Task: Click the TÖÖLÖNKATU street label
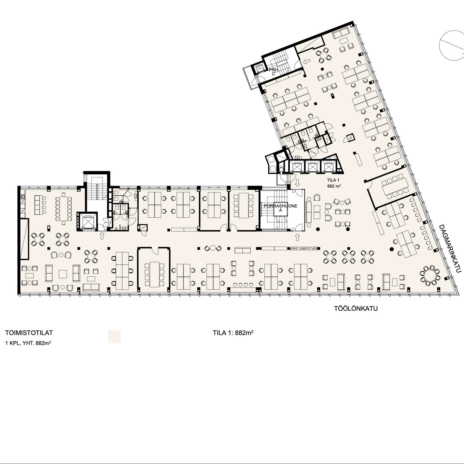click(x=356, y=308)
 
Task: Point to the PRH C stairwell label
click(x=274, y=72)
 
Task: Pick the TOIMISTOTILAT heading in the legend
click(x=29, y=333)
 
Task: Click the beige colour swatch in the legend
click(x=114, y=337)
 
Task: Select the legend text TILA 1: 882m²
click(x=233, y=333)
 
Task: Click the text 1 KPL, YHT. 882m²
click(x=28, y=343)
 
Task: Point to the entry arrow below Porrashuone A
click(x=297, y=237)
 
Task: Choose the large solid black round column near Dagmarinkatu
click(x=391, y=249)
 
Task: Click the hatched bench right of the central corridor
click(x=304, y=249)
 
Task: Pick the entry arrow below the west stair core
click(x=102, y=235)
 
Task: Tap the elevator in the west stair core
click(x=87, y=221)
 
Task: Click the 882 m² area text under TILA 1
click(x=334, y=186)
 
